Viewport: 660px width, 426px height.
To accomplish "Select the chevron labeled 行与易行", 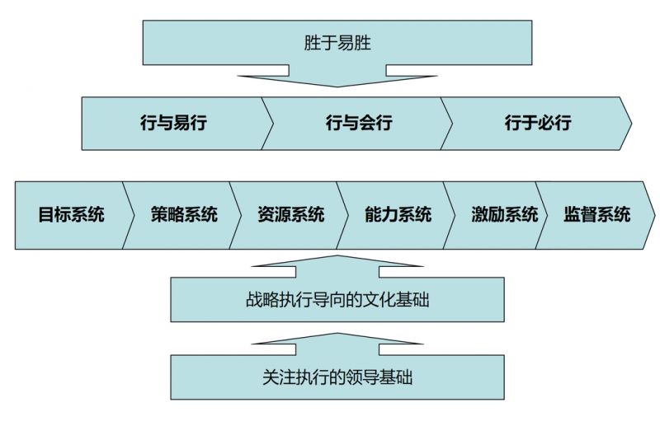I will coord(172,124).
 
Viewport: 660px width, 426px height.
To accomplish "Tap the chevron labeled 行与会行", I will coord(358,124).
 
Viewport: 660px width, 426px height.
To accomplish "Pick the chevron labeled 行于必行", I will coord(537,124).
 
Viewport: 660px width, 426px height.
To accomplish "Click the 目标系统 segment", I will coord(71,215).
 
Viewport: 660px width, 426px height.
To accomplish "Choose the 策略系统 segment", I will coord(183,215).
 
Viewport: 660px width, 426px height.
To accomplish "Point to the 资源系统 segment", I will coord(290,215).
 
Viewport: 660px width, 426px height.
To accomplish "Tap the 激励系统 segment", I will coord(504,215).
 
